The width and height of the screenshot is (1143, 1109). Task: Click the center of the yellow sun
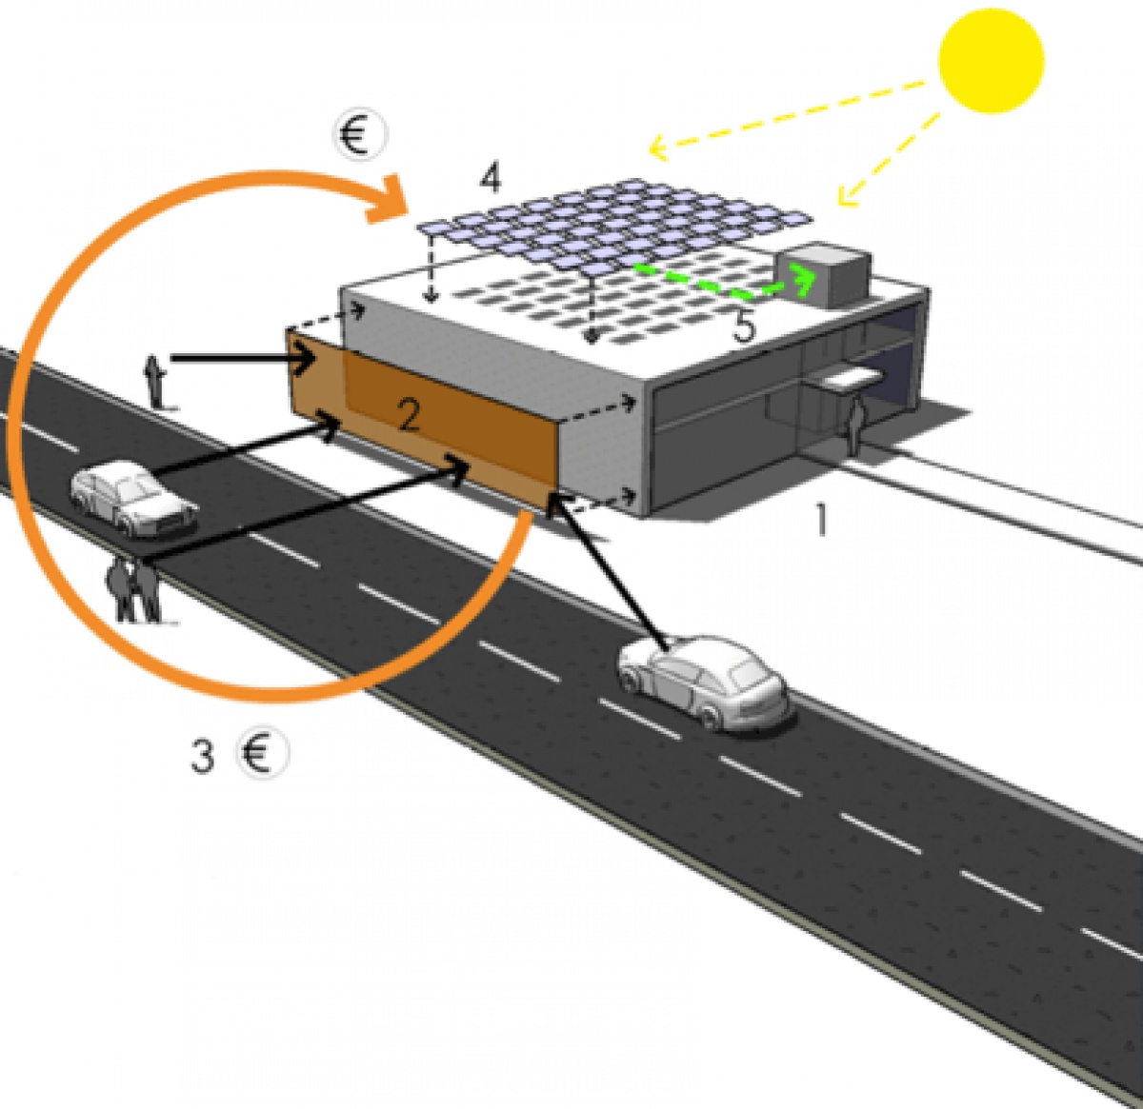coord(991,60)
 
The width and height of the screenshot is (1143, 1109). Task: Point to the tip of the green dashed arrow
coord(815,276)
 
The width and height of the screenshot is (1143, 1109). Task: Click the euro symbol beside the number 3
coord(262,753)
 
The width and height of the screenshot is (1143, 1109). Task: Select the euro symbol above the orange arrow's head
coord(360,134)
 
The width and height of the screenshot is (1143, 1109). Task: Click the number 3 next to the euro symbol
coord(202,755)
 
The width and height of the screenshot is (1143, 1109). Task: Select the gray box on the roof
coord(824,275)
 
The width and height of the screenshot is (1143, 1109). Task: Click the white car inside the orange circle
coord(134,499)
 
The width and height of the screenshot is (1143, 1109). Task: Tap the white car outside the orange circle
coord(704,681)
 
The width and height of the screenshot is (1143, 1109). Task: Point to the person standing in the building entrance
coord(855,426)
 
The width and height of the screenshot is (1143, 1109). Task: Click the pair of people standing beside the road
coord(134,590)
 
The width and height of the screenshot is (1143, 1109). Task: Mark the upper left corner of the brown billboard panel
coord(288,330)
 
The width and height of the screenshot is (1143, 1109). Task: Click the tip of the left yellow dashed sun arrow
coord(651,147)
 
